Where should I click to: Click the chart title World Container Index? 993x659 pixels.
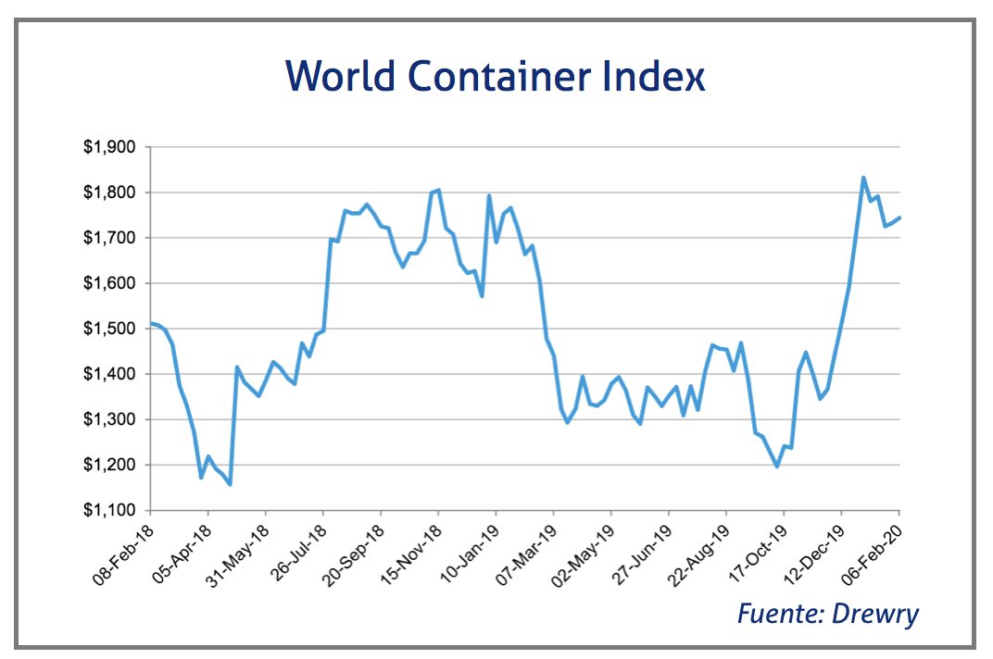pyautogui.click(x=496, y=76)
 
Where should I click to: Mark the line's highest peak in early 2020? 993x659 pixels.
pyautogui.click(x=863, y=178)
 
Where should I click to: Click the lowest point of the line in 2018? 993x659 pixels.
pyautogui.click(x=230, y=484)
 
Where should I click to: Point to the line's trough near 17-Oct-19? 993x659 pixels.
pyautogui.click(x=776, y=466)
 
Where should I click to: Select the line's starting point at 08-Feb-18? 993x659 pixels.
pyautogui.click(x=151, y=323)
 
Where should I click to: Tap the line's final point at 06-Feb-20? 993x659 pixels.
pyautogui.click(x=899, y=218)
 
